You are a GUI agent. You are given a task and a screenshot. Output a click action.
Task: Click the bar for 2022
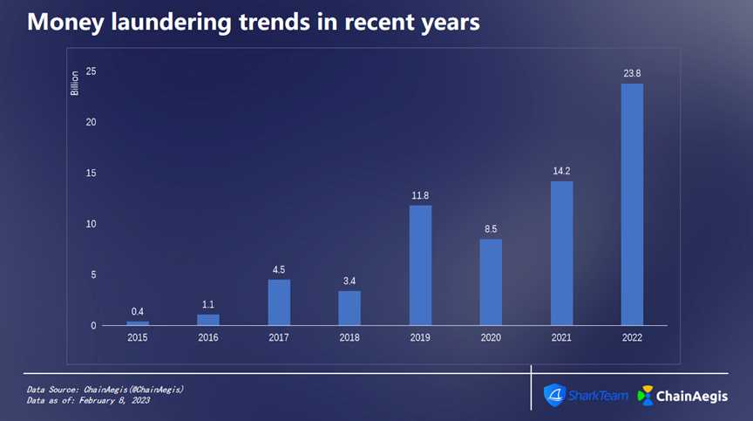click(632, 205)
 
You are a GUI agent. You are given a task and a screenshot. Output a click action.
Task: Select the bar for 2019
click(420, 265)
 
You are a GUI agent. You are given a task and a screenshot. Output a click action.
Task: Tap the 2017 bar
click(279, 302)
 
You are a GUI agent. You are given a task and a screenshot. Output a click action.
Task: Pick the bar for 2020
click(491, 282)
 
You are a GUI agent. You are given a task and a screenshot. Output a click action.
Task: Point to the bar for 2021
click(562, 253)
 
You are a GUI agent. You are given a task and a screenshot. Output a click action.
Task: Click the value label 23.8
click(632, 73)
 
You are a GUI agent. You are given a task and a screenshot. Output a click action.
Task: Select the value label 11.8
click(420, 195)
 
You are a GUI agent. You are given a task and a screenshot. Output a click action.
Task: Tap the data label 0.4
click(138, 311)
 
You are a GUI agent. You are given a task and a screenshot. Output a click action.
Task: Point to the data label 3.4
click(349, 281)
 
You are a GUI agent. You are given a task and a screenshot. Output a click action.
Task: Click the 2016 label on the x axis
click(208, 337)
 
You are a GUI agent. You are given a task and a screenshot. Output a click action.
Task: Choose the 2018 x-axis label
click(349, 337)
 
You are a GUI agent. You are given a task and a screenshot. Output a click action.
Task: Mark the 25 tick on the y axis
click(91, 71)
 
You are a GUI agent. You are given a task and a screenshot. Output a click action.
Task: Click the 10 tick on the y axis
click(91, 224)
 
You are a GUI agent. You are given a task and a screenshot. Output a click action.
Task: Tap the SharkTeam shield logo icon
click(554, 396)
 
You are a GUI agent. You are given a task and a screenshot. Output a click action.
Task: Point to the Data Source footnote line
click(105, 389)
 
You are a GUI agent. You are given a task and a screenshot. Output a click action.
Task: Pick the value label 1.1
click(208, 304)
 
